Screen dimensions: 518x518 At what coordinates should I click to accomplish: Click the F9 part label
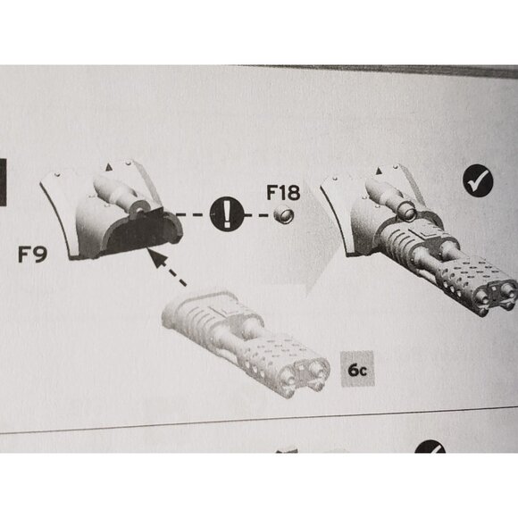click(32, 255)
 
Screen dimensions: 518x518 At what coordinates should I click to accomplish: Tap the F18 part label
click(283, 193)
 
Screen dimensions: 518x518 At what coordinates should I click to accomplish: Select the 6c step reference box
click(357, 369)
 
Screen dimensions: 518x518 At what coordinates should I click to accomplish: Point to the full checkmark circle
click(478, 180)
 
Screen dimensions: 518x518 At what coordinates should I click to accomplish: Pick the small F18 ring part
click(283, 214)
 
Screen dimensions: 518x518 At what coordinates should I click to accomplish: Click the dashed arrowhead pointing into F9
click(156, 258)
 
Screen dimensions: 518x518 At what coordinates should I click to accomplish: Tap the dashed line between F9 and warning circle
click(194, 215)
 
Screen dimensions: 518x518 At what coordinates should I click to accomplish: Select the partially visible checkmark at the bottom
click(430, 447)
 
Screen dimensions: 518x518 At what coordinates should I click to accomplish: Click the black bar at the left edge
click(3, 182)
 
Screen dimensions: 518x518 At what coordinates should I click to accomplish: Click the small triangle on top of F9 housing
click(109, 168)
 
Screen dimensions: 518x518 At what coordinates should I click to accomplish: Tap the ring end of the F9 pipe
click(138, 208)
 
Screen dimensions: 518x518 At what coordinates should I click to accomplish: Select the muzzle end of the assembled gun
click(496, 295)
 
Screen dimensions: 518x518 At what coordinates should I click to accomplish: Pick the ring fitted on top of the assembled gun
click(407, 212)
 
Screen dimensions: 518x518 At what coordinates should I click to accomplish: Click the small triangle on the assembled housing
click(379, 171)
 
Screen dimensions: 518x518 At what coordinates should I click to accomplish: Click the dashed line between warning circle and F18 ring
click(258, 215)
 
